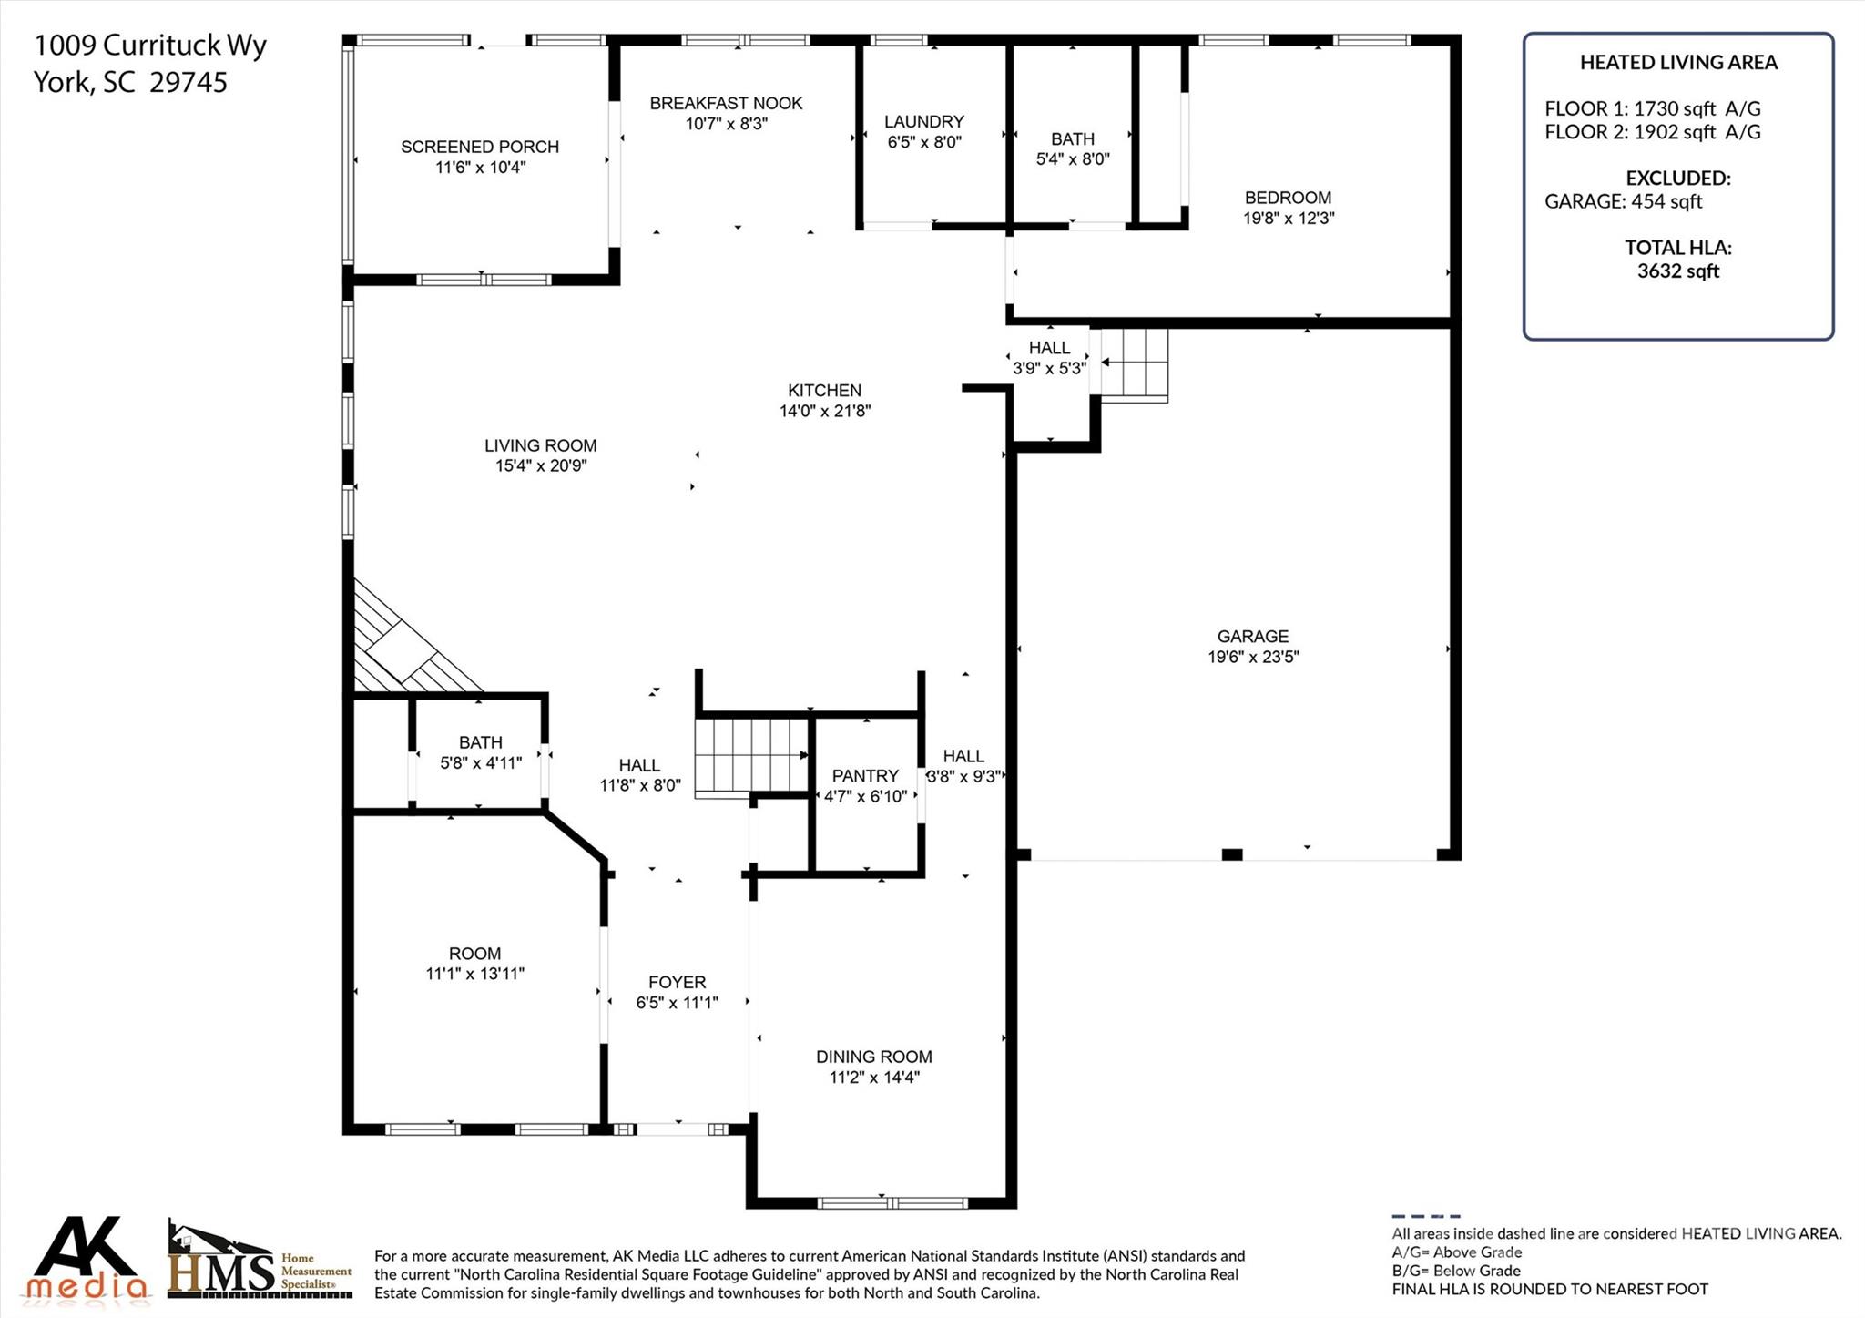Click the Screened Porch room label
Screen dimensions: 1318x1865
pos(480,147)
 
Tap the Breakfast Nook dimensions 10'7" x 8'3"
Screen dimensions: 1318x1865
pos(726,124)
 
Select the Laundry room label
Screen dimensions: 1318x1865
pos(923,121)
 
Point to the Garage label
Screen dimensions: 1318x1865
pos(1252,636)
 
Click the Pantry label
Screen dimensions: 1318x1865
pos(865,775)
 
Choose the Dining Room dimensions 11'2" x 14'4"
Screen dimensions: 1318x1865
pos(873,1078)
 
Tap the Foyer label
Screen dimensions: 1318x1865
pos(677,982)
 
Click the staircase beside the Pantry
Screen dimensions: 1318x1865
pos(751,755)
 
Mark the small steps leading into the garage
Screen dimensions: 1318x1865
pos(1134,363)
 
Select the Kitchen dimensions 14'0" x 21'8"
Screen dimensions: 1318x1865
pos(824,411)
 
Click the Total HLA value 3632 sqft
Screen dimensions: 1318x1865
pos(1677,271)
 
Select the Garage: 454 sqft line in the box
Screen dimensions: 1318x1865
pos(1623,201)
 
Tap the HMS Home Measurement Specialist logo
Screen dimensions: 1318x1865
pos(260,1262)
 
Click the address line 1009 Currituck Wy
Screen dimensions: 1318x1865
pos(150,45)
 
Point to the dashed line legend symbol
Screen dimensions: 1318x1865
pos(1425,1216)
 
